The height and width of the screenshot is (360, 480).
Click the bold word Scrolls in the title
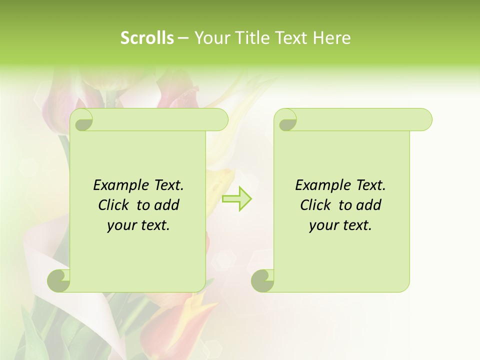tap(147, 38)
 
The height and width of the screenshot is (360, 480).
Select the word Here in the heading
tap(332, 38)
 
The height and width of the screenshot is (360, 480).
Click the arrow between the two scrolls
tap(237, 199)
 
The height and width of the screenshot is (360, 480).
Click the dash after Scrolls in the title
tap(183, 38)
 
